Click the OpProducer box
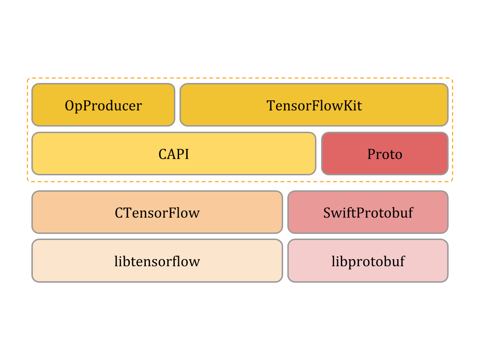(103, 105)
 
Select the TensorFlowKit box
(314, 105)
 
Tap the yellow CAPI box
(173, 154)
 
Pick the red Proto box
(385, 154)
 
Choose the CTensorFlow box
(157, 212)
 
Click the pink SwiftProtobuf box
(368, 212)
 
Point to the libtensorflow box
(157, 261)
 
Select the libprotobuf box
(368, 261)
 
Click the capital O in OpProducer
(69, 105)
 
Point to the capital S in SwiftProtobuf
(327, 213)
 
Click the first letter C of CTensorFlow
(119, 213)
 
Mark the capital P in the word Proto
(371, 154)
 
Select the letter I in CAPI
(187, 154)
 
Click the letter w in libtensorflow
(195, 262)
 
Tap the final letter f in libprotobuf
(402, 261)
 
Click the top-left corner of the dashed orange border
(28, 79)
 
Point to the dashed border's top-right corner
(452, 79)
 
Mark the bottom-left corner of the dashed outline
(28, 181)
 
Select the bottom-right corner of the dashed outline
(452, 181)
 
